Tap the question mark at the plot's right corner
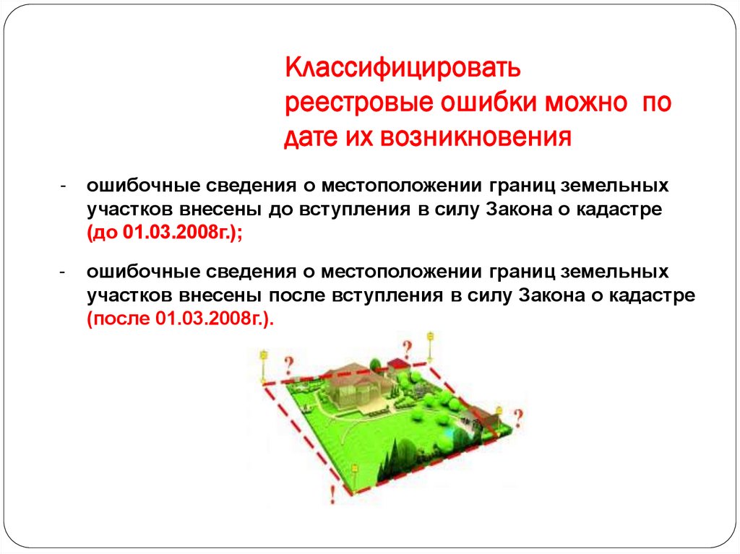tap(517, 416)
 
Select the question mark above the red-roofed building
tap(407, 348)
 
